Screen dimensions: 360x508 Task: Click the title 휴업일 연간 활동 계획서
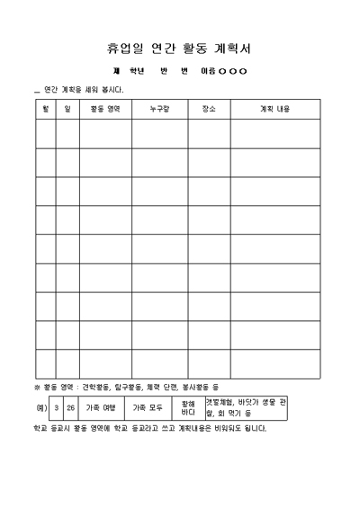(179, 47)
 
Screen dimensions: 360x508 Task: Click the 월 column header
(45, 108)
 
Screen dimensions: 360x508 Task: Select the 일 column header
(67, 108)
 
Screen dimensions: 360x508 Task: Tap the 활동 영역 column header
(105, 108)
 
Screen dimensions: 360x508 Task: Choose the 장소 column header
(209, 108)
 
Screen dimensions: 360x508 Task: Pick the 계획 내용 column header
(274, 108)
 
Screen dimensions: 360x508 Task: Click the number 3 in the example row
(57, 407)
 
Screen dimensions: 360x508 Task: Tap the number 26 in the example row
(71, 407)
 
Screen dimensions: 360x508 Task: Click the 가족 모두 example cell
(148, 407)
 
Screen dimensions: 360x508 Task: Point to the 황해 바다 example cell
(188, 407)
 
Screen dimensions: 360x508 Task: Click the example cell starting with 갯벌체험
(246, 407)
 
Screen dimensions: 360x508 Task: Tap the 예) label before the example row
(41, 407)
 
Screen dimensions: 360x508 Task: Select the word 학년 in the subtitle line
(137, 71)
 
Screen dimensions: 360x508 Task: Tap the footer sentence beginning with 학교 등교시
(149, 428)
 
